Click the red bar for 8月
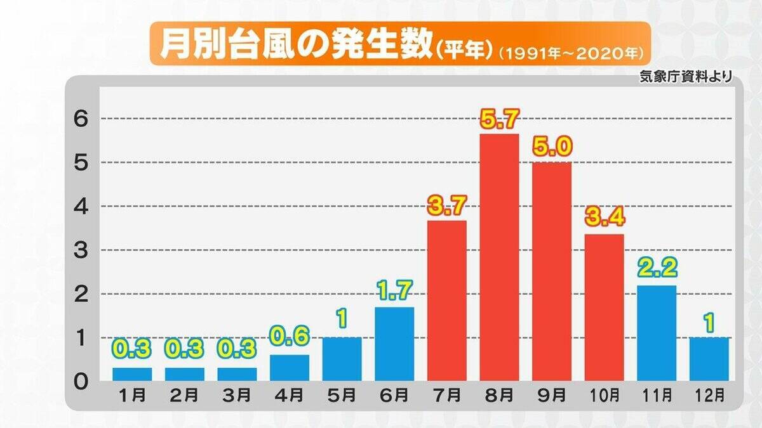[x=499, y=257]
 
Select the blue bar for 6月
[x=394, y=344]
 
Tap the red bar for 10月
[x=604, y=307]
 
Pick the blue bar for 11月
[x=657, y=333]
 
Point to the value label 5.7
[x=499, y=120]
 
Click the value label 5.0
[x=552, y=148]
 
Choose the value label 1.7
[x=394, y=292]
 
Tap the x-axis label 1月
[x=132, y=396]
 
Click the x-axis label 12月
[x=709, y=396]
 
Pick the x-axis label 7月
[x=446, y=396]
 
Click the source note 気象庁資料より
[x=686, y=77]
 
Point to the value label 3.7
[x=446, y=205]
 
